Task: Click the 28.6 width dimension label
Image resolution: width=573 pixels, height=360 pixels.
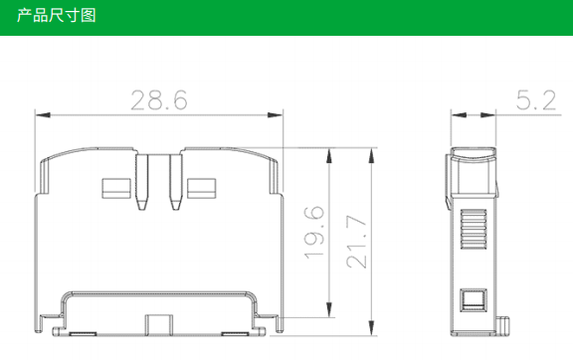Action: click(x=159, y=99)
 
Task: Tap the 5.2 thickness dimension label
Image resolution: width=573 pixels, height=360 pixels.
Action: click(x=536, y=99)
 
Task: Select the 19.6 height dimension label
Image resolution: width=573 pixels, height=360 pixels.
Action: click(x=314, y=233)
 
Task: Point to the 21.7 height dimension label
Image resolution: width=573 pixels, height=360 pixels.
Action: click(x=356, y=242)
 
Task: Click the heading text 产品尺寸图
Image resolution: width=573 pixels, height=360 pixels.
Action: click(x=57, y=15)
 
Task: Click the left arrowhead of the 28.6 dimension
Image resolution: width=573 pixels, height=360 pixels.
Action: click(x=43, y=115)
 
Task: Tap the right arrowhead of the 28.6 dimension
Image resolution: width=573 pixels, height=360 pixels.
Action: click(x=276, y=115)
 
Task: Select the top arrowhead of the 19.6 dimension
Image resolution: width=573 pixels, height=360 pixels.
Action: click(x=329, y=155)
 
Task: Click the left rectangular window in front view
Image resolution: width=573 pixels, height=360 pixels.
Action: click(x=116, y=188)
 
